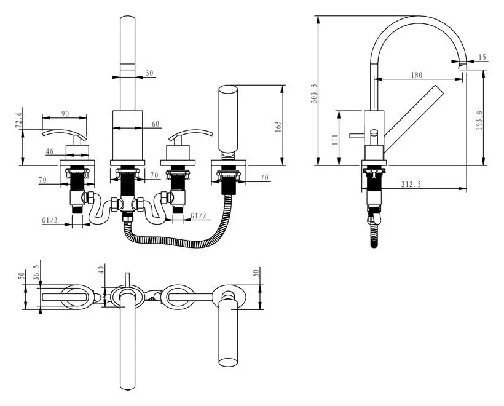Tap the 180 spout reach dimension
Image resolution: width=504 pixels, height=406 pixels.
pos(417,75)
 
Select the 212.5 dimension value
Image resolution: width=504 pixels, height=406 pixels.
pos(411,185)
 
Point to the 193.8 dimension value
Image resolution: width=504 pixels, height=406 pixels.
pos(479,121)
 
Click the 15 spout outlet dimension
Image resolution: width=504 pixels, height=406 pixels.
pos(482,57)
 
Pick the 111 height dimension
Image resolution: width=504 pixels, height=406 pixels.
pos(335,140)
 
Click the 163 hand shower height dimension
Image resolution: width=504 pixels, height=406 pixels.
pos(278,127)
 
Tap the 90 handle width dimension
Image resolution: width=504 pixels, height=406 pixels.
pos(65,114)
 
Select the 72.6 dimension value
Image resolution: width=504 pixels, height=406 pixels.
pos(18,120)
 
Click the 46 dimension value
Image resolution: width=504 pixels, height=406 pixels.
pos(50,151)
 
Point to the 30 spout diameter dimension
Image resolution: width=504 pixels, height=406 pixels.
pos(149,73)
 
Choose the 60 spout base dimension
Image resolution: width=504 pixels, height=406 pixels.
pos(156,124)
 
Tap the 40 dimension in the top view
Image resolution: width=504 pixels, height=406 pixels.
pos(101,269)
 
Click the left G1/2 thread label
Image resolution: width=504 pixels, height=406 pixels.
pos(50,220)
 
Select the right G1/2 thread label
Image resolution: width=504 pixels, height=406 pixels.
pos(199,215)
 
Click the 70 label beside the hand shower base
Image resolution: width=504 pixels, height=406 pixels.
pos(264,178)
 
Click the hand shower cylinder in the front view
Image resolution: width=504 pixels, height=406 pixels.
pos(228,118)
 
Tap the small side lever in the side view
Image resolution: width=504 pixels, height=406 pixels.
pos(357,136)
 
